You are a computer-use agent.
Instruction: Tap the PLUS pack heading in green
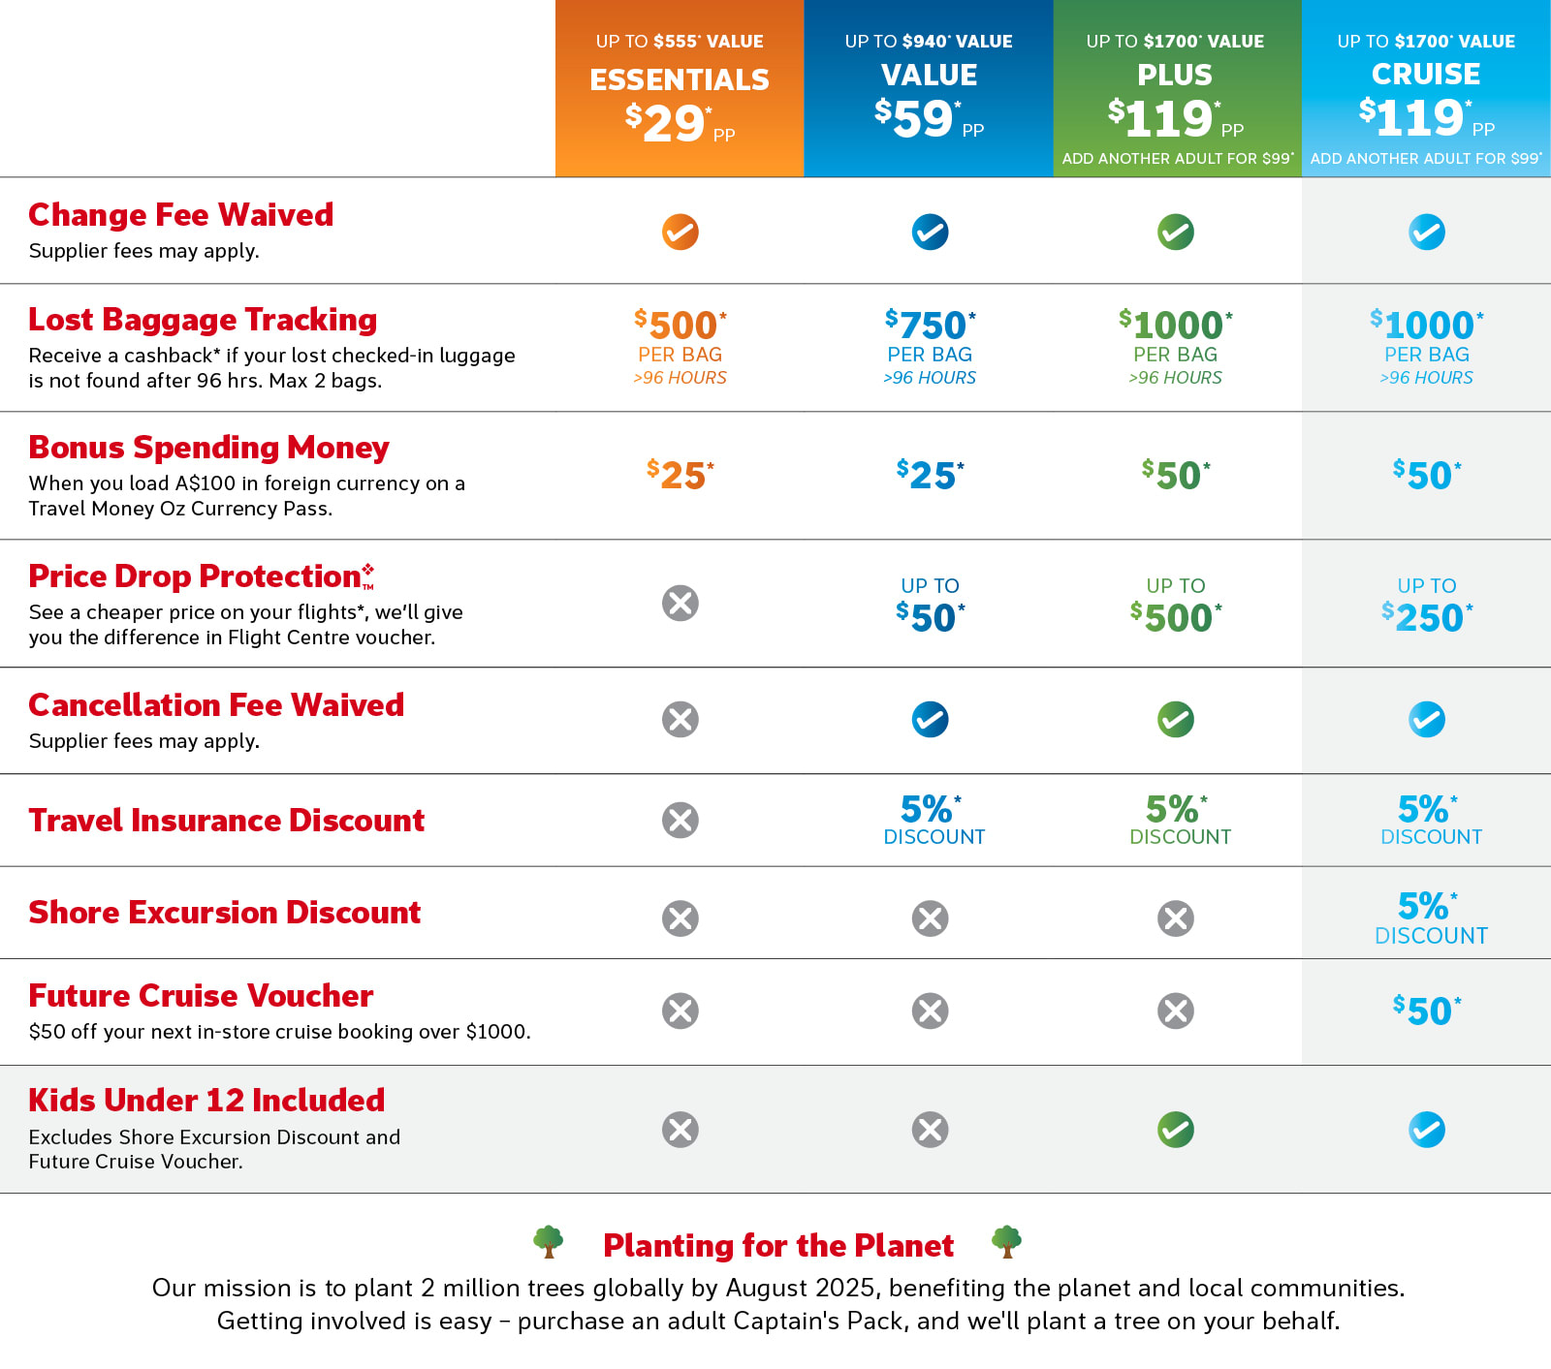(x=1175, y=75)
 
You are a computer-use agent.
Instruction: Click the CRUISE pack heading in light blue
(x=1425, y=75)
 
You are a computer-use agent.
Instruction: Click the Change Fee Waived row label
(x=181, y=214)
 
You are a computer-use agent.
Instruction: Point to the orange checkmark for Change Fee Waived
(x=680, y=233)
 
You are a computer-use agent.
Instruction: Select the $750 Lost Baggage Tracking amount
(x=930, y=326)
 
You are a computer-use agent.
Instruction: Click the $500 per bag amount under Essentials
(x=680, y=326)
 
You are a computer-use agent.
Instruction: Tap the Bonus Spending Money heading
(x=208, y=448)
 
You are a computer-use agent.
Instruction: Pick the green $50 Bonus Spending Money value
(x=1176, y=476)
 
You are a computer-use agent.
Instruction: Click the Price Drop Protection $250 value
(x=1426, y=617)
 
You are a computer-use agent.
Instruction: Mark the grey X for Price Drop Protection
(x=680, y=604)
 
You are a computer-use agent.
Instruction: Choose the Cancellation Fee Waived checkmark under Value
(x=930, y=720)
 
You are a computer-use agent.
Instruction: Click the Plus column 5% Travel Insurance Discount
(x=1177, y=820)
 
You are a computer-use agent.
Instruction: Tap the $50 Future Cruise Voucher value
(x=1426, y=1011)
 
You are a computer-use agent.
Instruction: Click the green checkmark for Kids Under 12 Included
(x=1176, y=1130)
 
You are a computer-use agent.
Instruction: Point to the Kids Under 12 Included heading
(x=206, y=1101)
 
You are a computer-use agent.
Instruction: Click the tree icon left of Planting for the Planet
(x=549, y=1241)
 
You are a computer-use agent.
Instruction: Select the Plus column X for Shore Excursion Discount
(x=1176, y=918)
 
